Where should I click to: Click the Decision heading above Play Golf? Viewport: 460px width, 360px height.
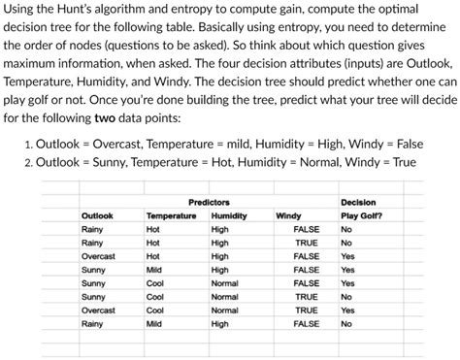click(358, 201)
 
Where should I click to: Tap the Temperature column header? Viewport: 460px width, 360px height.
click(170, 214)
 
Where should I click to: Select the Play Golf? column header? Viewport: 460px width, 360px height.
click(360, 214)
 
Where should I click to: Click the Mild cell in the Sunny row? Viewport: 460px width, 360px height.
click(153, 269)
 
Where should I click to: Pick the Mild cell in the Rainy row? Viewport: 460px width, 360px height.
click(153, 323)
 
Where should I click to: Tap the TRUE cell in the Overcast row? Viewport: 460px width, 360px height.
click(307, 310)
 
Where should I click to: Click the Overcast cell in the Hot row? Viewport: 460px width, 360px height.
click(98, 255)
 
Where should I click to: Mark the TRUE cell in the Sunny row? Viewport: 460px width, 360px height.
click(307, 296)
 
